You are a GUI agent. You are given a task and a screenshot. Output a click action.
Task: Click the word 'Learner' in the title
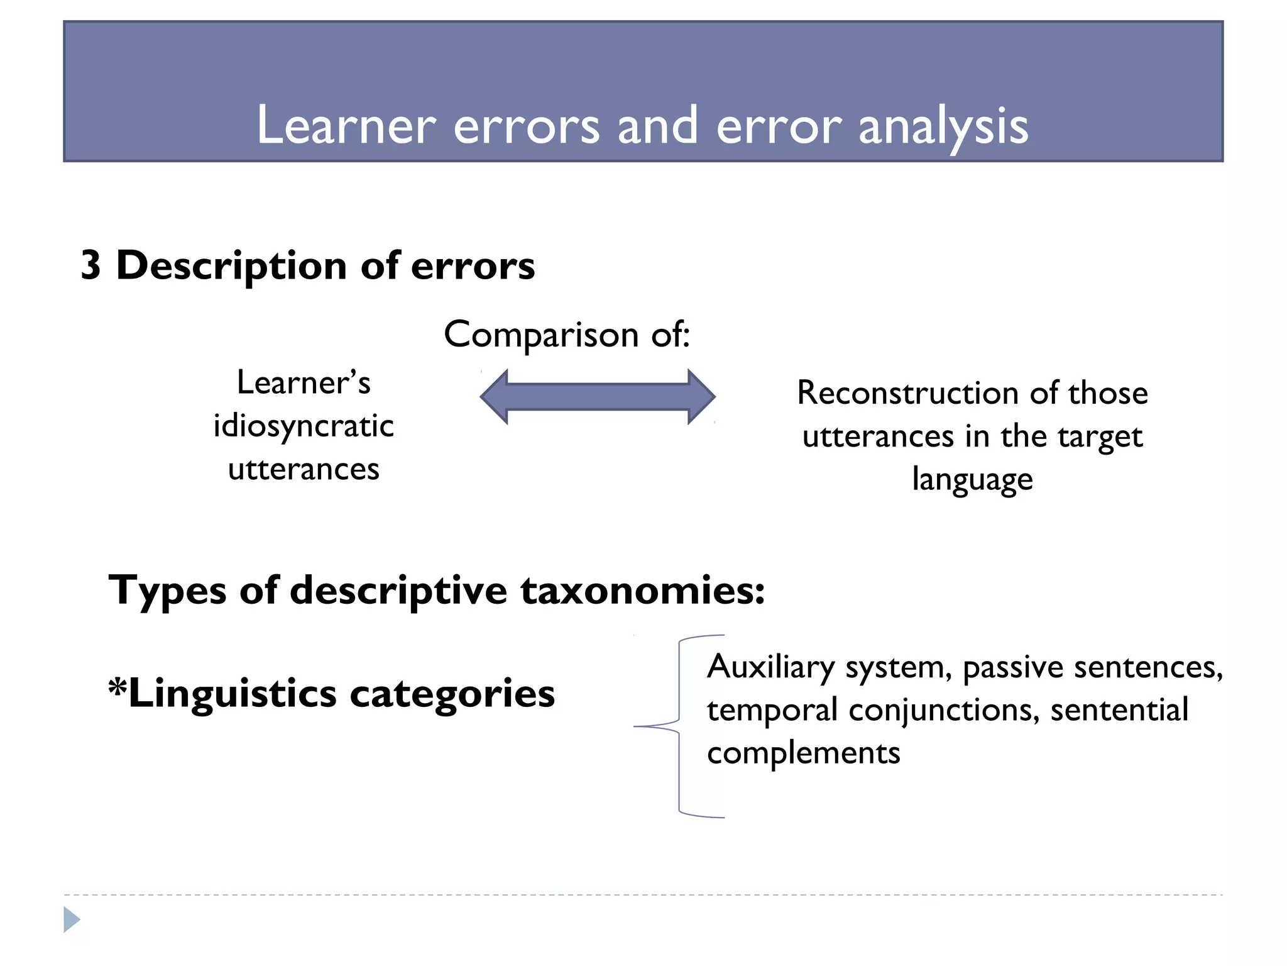pos(346,126)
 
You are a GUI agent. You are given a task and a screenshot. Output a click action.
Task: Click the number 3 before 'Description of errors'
pos(91,265)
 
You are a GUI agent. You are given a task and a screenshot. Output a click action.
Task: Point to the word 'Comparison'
pos(540,335)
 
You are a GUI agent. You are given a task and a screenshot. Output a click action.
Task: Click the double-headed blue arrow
pos(598,397)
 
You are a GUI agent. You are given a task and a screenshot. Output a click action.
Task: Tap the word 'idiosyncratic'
pos(304,426)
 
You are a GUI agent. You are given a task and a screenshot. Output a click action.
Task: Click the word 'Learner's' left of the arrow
pos(304,383)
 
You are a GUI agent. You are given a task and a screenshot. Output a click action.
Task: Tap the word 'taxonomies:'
pos(642,591)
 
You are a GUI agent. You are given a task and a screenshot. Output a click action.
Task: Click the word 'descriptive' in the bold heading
pos(398,591)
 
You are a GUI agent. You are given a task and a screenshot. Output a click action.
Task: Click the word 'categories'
pos(452,694)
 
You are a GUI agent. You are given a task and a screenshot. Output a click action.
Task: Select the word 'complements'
pos(803,753)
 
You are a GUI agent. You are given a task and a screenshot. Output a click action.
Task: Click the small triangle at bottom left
pos(72,919)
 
